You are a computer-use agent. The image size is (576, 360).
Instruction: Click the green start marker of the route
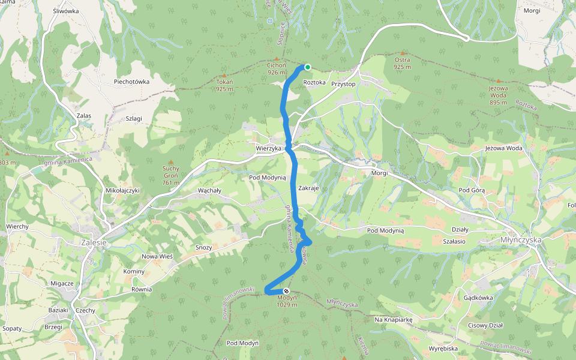tap(307, 67)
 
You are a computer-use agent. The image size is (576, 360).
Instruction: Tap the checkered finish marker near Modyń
tap(286, 291)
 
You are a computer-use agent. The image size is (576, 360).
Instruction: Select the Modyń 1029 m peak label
tap(287, 301)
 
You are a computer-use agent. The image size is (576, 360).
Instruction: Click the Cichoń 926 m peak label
tap(277, 68)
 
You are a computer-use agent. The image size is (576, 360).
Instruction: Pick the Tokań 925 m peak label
tap(224, 85)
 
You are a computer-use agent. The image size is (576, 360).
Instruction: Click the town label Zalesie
tap(93, 242)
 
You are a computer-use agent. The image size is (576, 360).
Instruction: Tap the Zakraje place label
tap(308, 187)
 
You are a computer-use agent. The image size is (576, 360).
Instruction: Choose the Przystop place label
tap(344, 84)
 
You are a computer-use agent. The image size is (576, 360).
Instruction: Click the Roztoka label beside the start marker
tap(314, 82)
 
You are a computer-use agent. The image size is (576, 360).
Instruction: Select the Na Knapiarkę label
tap(394, 320)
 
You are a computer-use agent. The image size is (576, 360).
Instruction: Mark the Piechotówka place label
tap(131, 81)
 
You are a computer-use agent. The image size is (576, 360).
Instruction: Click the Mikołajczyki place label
tap(122, 191)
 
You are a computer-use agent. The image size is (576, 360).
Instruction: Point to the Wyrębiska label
tap(444, 348)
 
